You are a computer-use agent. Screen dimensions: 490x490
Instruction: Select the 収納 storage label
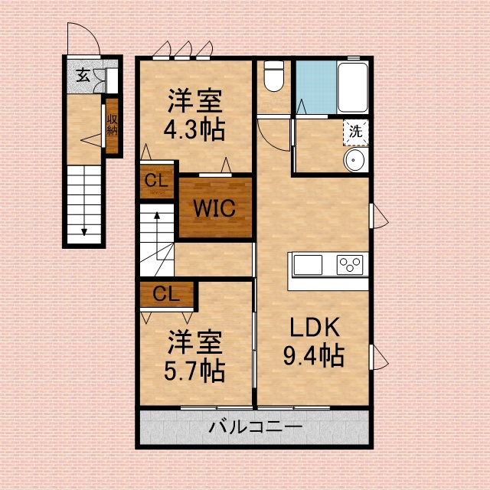[113, 125]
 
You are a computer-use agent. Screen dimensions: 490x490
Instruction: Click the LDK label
[314, 328]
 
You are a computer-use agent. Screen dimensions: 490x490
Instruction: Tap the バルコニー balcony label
[256, 427]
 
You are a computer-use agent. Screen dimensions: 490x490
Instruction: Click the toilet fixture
[273, 76]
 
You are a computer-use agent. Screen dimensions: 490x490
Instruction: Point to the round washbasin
[355, 159]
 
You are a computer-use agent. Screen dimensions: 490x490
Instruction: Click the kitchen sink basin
[308, 265]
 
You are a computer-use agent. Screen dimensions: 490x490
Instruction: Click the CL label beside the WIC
[157, 181]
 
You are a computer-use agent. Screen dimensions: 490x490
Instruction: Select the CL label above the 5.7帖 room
[167, 293]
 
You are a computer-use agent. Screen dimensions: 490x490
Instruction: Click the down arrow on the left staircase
[84, 222]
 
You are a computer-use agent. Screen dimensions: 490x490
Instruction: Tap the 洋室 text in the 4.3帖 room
[194, 100]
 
